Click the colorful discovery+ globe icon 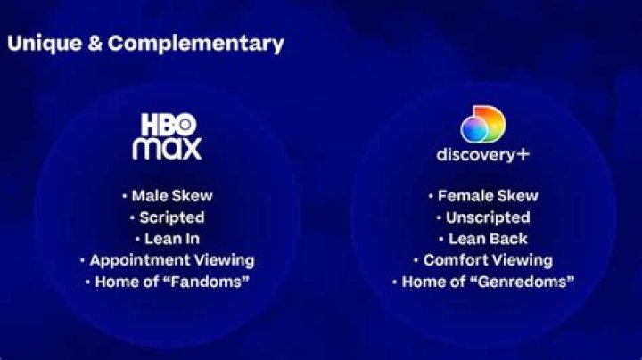481,125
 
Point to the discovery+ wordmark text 477,154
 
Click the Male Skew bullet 171,196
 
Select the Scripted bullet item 171,217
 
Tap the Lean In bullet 171,239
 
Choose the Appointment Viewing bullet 171,260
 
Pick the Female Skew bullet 488,196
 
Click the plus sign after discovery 523,154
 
